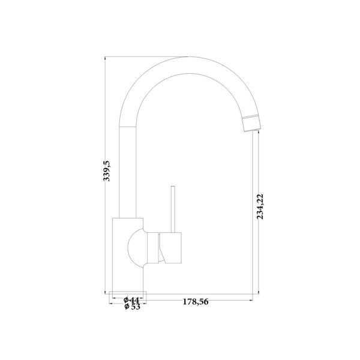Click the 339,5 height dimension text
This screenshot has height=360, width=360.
tap(107, 171)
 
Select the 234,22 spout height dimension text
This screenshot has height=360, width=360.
tap(260, 206)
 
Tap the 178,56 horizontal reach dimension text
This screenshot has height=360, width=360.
tap(196, 302)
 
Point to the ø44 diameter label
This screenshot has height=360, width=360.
tap(131, 300)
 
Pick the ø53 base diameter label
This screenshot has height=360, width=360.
tap(132, 307)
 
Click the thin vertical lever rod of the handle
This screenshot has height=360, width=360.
tap(173, 209)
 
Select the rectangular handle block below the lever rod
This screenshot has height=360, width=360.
tap(170, 248)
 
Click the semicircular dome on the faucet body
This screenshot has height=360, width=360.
tap(136, 248)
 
